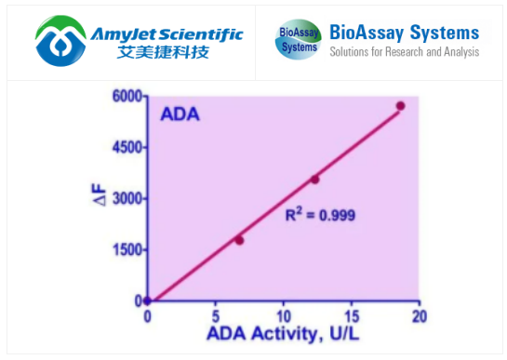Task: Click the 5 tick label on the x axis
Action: (x=215, y=317)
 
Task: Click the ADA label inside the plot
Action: (x=180, y=116)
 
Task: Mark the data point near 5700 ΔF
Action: (x=400, y=106)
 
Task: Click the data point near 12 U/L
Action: (x=314, y=180)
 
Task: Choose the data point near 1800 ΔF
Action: (x=239, y=240)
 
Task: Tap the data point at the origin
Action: (x=147, y=300)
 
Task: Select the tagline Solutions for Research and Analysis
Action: (x=404, y=52)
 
